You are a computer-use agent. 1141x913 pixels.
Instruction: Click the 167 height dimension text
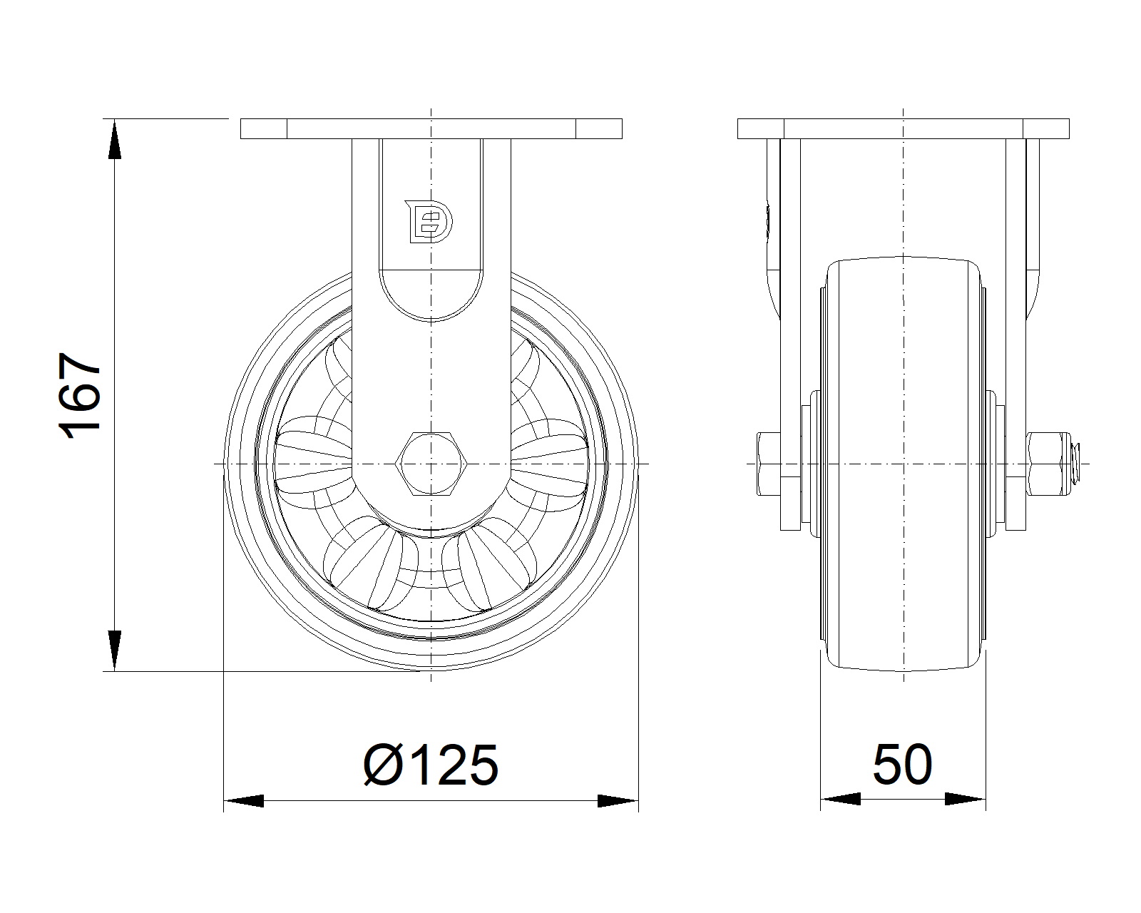click(x=79, y=396)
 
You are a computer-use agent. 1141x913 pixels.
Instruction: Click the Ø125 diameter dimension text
click(x=431, y=765)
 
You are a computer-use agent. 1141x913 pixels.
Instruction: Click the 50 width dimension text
click(x=902, y=765)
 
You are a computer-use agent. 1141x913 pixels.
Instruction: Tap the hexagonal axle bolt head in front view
click(x=431, y=464)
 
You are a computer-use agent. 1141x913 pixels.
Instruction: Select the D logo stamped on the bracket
click(x=429, y=222)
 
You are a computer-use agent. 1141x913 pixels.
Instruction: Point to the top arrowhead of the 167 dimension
click(x=115, y=139)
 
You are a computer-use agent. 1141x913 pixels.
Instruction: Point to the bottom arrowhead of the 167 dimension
click(x=115, y=651)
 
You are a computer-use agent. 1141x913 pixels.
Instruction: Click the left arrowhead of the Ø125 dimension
click(x=243, y=801)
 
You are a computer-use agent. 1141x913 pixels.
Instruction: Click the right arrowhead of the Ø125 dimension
click(x=618, y=801)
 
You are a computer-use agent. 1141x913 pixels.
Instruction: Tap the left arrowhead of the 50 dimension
click(x=840, y=799)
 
